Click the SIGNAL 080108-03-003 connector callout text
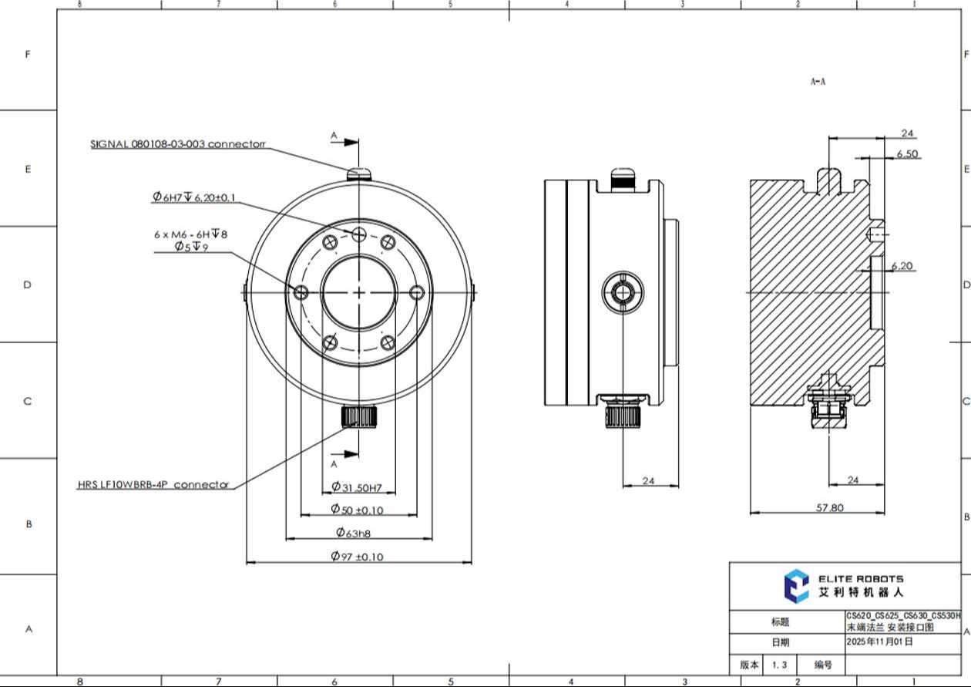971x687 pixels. tap(178, 143)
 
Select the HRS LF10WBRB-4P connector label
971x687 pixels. tap(153, 484)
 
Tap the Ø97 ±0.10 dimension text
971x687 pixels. tap(358, 556)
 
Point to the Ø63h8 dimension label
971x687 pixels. tap(353, 533)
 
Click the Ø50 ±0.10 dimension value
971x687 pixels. tap(358, 509)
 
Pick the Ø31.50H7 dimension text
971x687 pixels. tap(357, 487)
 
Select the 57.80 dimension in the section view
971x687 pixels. tap(830, 507)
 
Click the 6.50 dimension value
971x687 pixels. tap(907, 154)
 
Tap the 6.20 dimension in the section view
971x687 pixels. tap(902, 266)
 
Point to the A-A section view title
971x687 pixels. tap(818, 82)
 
